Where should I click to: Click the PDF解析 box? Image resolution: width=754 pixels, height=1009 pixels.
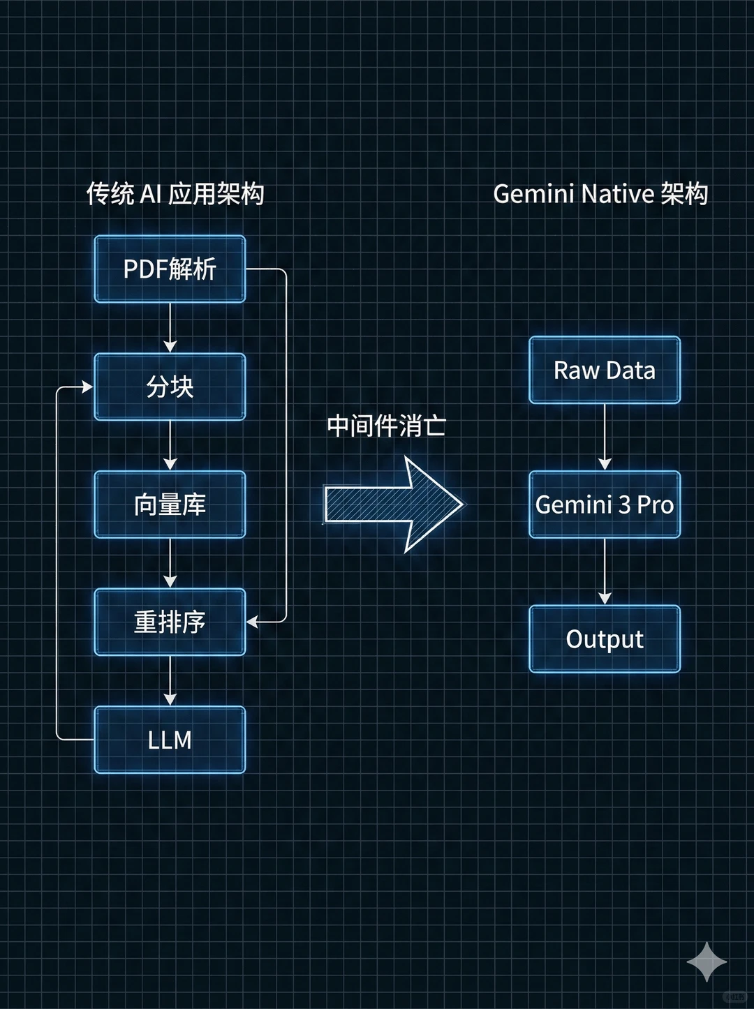(x=170, y=269)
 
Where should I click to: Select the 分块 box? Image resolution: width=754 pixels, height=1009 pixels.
(x=170, y=387)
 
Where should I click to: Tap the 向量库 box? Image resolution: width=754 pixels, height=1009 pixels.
(x=170, y=504)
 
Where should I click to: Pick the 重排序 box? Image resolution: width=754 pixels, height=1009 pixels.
(x=170, y=622)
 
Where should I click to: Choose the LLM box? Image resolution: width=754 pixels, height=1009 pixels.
(x=170, y=740)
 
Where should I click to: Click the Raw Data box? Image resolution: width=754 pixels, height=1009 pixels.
(x=605, y=370)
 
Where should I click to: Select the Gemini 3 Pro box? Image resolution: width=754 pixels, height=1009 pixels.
(x=605, y=504)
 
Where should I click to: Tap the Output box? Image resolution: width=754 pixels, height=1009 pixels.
(x=605, y=638)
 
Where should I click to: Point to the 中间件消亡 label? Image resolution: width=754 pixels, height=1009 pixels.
(x=386, y=426)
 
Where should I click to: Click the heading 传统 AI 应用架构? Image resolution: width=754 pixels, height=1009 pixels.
(x=175, y=194)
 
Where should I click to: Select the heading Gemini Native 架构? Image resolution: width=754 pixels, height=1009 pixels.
(x=600, y=194)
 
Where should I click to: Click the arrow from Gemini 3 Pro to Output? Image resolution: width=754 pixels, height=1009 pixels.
(x=605, y=571)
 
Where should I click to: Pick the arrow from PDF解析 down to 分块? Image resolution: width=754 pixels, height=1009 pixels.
(x=170, y=328)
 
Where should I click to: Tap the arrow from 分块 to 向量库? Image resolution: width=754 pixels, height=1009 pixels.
(x=170, y=446)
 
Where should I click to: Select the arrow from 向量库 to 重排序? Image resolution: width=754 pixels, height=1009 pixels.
(x=170, y=564)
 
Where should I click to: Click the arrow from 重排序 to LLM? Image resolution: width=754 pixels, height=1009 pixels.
(x=170, y=681)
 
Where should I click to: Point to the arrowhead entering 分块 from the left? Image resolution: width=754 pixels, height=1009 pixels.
(x=87, y=387)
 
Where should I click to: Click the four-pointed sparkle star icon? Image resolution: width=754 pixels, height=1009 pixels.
(x=707, y=962)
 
